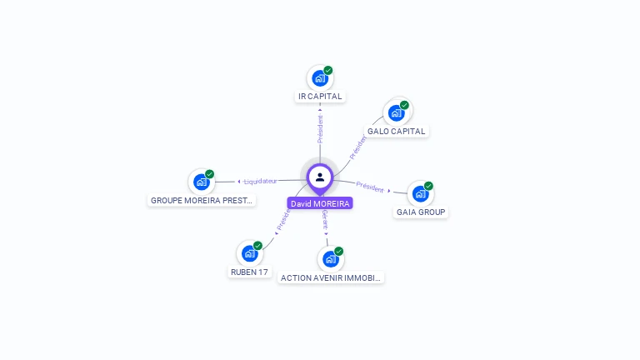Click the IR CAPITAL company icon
click(320, 78)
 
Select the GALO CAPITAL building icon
click(396, 113)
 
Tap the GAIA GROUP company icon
click(420, 194)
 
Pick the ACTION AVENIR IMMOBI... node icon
click(330, 259)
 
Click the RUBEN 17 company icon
click(249, 253)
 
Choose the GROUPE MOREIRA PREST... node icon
click(201, 182)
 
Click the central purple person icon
click(320, 177)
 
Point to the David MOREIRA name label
click(320, 203)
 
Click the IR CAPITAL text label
click(320, 97)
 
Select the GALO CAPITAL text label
click(397, 132)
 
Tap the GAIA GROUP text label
click(421, 212)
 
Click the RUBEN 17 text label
click(249, 272)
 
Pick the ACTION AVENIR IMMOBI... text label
click(331, 278)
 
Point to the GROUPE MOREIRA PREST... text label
click(202, 201)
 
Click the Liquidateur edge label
click(261, 181)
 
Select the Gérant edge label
click(325, 219)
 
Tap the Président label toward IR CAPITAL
click(320, 129)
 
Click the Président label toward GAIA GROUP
click(369, 186)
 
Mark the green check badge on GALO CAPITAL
click(404, 105)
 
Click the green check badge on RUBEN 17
click(257, 246)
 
